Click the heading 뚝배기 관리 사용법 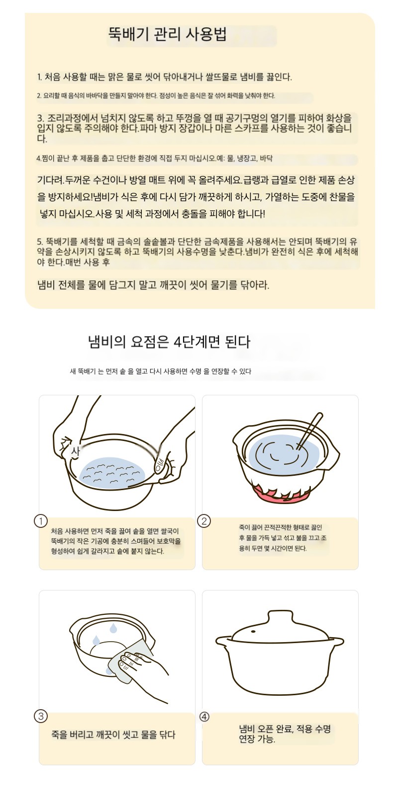[167, 35]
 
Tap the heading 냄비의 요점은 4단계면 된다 [169, 342]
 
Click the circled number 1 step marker [41, 521]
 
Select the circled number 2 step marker [204, 521]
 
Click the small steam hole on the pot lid [254, 632]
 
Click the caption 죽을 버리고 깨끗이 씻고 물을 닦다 [113, 734]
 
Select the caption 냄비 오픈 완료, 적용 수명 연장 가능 [285, 734]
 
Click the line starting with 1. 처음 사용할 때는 [164, 76]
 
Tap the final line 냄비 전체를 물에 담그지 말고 [153, 285]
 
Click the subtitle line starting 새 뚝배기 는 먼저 [161, 371]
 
